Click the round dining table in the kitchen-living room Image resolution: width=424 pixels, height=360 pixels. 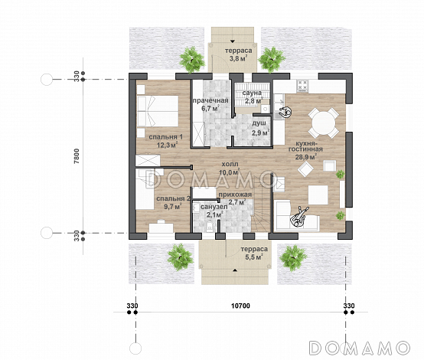(324, 123)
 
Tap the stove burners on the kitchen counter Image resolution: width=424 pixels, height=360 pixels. (302, 85)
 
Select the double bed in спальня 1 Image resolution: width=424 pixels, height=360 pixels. (158, 111)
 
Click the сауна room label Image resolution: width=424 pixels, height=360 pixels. (252, 93)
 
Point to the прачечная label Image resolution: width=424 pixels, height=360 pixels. (210, 100)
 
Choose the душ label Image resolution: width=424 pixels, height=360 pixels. (259, 123)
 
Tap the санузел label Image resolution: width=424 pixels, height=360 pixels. (214, 207)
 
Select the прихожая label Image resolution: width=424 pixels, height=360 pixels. (235, 195)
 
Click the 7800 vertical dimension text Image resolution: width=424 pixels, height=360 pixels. (77, 156)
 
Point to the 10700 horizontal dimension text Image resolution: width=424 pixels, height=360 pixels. (240, 306)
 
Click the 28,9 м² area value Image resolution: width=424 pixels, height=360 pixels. (306, 157)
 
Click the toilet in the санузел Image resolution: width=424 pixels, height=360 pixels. (209, 227)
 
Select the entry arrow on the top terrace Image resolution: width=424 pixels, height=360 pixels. (232, 41)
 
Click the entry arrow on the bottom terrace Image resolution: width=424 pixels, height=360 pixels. (235, 270)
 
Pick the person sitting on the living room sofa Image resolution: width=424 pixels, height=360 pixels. (298, 217)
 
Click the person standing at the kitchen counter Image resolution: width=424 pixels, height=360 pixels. (285, 112)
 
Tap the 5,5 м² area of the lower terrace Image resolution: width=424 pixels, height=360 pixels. (254, 257)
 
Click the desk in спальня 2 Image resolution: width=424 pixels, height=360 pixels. (161, 227)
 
